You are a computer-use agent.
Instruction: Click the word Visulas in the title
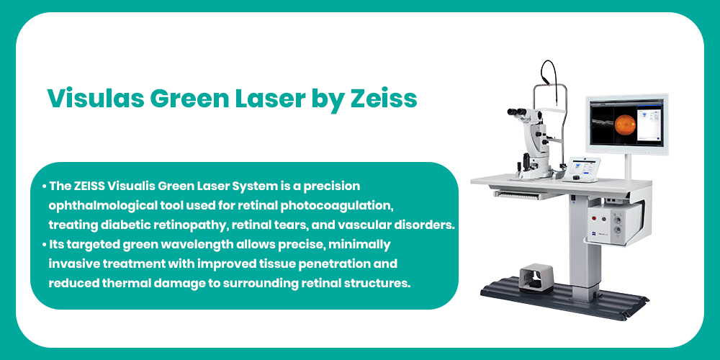pos(94,98)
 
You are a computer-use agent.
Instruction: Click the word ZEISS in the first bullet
pos(89,186)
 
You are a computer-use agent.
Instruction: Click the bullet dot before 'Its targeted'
pos(45,246)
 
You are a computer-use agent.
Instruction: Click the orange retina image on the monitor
pos(625,125)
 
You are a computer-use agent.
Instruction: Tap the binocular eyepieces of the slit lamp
pos(518,112)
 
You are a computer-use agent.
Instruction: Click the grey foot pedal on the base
pos(536,277)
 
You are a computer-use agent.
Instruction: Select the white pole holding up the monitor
pos(627,166)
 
